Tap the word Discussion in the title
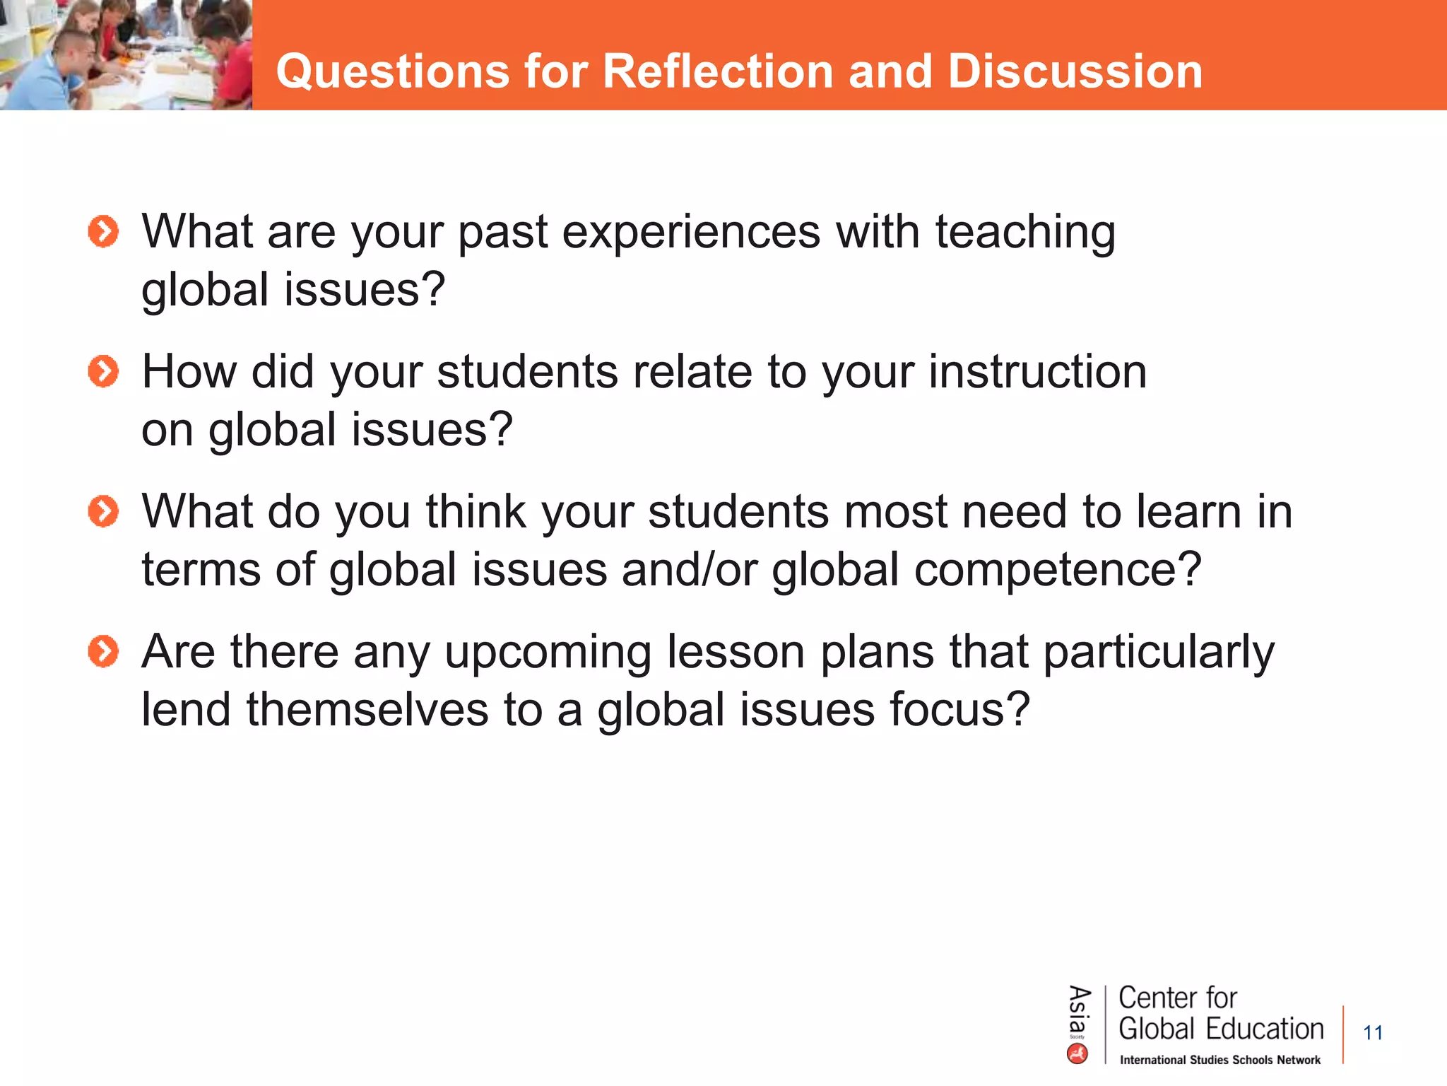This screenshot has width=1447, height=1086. pyautogui.click(x=1075, y=71)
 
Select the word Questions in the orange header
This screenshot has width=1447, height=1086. pyautogui.click(x=393, y=71)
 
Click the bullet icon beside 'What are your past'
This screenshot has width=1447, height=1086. pyautogui.click(x=103, y=232)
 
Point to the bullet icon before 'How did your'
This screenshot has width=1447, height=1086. pyautogui.click(x=103, y=372)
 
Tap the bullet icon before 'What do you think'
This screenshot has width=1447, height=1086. pyautogui.click(x=103, y=511)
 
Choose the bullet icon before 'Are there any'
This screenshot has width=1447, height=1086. pyautogui.click(x=103, y=651)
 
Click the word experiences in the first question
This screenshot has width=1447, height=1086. pyautogui.click(x=690, y=233)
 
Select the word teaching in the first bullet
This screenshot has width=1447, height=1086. pyautogui.click(x=1025, y=233)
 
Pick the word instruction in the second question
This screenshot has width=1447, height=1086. pyautogui.click(x=1037, y=372)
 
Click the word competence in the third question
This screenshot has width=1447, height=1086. pyautogui.click(x=1056, y=570)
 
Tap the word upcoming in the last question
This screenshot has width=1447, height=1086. pyautogui.click(x=548, y=653)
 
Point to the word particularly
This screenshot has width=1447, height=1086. pyautogui.click(x=1159, y=653)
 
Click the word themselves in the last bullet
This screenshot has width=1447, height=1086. pyautogui.click(x=367, y=710)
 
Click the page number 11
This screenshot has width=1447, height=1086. pyautogui.click(x=1372, y=1033)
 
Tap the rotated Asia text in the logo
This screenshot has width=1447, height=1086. pyautogui.click(x=1078, y=1009)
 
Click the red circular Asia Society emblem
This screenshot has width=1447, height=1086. pyautogui.click(x=1077, y=1054)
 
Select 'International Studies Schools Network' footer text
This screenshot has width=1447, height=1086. pyautogui.click(x=1220, y=1060)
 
